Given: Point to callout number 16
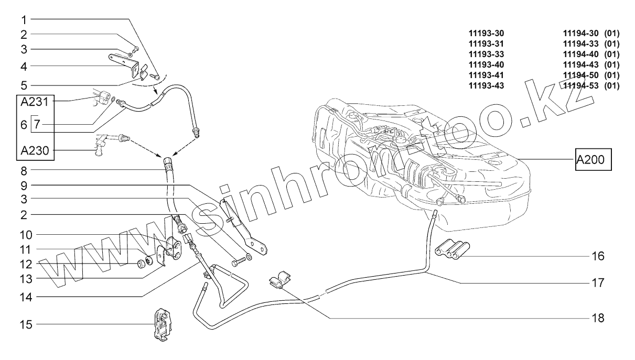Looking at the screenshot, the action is pos(598,256).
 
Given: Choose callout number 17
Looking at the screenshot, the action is pos(598,283).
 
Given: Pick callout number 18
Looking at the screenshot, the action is pos(598,318).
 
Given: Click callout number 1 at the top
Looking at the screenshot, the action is pos(24,19).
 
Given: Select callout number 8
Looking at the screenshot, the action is pos(24,170).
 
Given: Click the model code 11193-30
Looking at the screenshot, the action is pos(486,33).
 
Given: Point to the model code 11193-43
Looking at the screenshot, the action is pos(486,85).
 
